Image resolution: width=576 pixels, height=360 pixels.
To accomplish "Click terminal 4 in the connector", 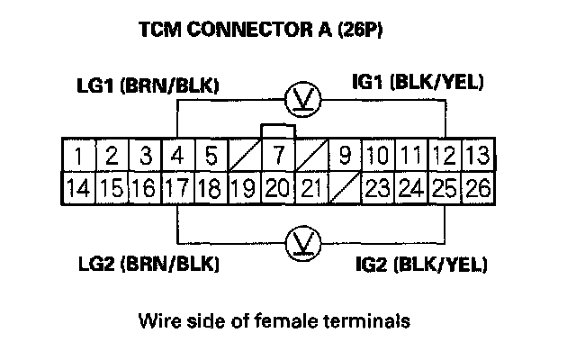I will [x=177, y=155].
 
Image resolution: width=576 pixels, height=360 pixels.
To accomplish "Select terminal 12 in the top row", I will [x=444, y=155].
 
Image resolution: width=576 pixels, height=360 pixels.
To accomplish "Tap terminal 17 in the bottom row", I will [x=177, y=189].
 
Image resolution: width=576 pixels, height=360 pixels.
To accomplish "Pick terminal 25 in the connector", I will [x=444, y=189].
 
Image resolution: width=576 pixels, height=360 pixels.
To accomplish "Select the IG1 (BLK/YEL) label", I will [x=418, y=84].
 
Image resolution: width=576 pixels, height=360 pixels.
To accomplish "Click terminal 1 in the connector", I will [x=78, y=155].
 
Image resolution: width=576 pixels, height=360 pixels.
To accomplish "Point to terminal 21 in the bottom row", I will [x=310, y=189].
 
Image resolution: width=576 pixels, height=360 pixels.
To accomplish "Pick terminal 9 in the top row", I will [x=344, y=155].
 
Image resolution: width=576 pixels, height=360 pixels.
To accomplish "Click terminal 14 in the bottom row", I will [x=78, y=189].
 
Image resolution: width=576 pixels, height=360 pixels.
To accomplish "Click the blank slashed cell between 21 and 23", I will [x=344, y=189].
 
